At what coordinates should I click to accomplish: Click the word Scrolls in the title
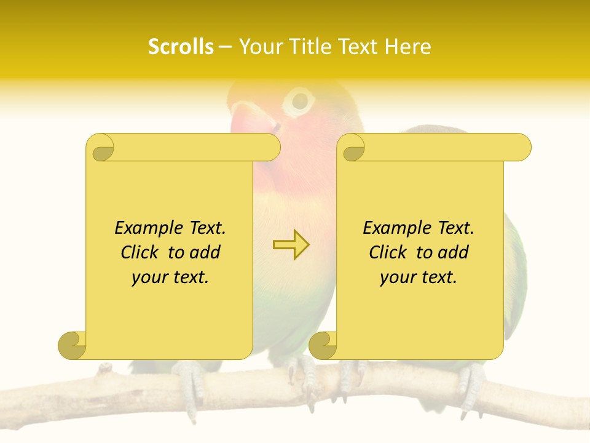(x=181, y=47)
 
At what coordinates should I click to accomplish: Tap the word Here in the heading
(x=407, y=47)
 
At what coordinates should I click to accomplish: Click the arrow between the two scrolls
(x=291, y=244)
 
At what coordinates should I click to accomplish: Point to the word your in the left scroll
(x=147, y=278)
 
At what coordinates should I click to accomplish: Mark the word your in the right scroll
(x=396, y=278)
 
